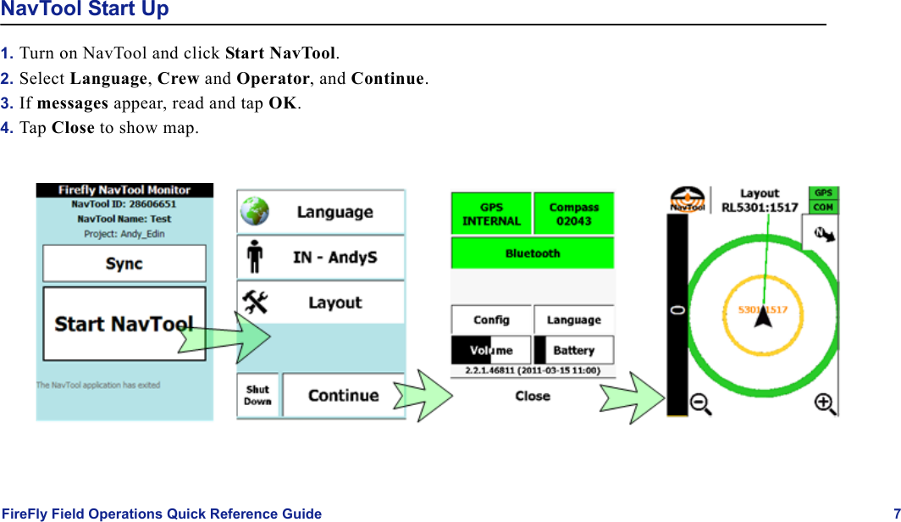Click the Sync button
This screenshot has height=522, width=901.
click(x=124, y=264)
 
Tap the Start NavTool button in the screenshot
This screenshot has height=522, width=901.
click(x=124, y=324)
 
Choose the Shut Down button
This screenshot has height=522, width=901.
click(x=257, y=396)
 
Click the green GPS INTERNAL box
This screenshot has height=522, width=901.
click(x=491, y=214)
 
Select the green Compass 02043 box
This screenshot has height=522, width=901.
click(x=573, y=214)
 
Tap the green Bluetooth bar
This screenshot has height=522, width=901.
click(x=533, y=253)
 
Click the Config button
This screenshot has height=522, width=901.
click(x=491, y=319)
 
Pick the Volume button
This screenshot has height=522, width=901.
click(x=491, y=350)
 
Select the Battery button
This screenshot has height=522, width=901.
click(x=573, y=350)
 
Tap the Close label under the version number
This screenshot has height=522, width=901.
click(x=533, y=396)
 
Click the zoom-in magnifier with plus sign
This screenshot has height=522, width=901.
click(x=825, y=404)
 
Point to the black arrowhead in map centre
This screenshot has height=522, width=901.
click(x=762, y=317)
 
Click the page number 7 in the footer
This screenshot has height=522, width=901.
click(x=896, y=514)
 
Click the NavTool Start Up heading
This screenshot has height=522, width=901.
click(x=85, y=9)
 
